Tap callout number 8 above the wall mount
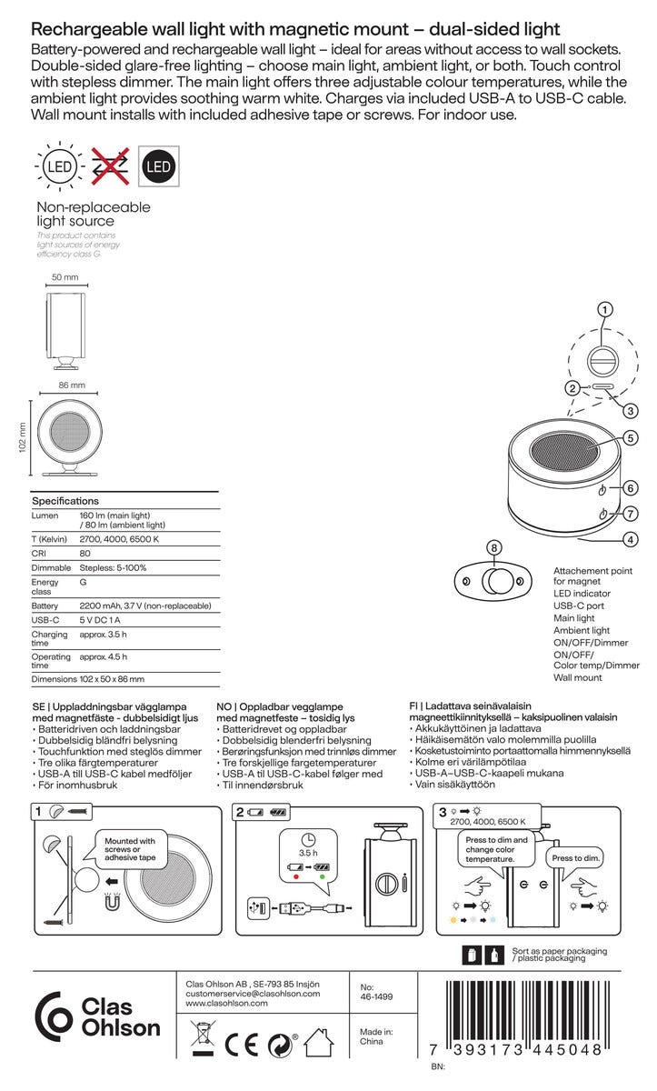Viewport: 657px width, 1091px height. click(x=494, y=549)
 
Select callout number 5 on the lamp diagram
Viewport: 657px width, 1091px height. click(x=630, y=437)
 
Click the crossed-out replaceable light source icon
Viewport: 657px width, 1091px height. click(x=109, y=167)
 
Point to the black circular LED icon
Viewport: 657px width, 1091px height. click(x=158, y=167)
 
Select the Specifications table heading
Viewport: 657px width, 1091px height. click(x=65, y=501)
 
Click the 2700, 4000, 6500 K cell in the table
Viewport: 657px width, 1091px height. click(x=119, y=539)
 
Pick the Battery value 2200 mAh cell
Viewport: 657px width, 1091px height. click(x=144, y=606)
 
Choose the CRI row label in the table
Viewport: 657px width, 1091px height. click(x=40, y=554)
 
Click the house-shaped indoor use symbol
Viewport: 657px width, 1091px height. click(x=319, y=1042)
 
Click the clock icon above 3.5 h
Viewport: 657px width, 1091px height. click(x=309, y=839)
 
